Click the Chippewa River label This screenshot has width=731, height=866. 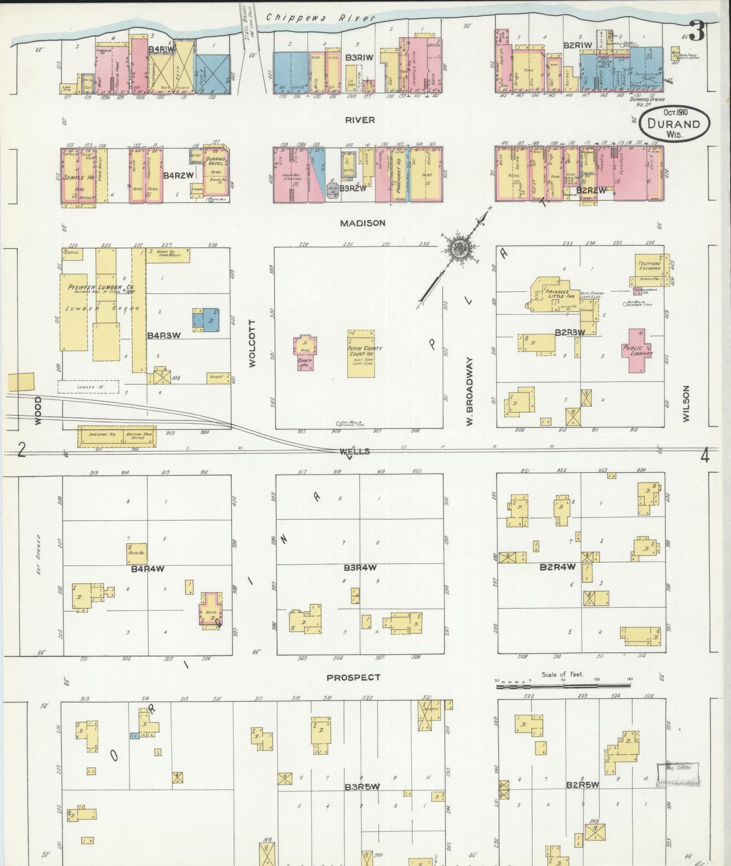[320, 17]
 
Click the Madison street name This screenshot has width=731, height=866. [363, 223]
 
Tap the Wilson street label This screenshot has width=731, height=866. [686, 404]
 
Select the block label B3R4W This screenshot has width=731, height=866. [360, 568]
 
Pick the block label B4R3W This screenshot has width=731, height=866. [164, 336]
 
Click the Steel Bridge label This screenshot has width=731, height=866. [248, 21]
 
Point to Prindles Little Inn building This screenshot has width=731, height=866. [558, 294]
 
